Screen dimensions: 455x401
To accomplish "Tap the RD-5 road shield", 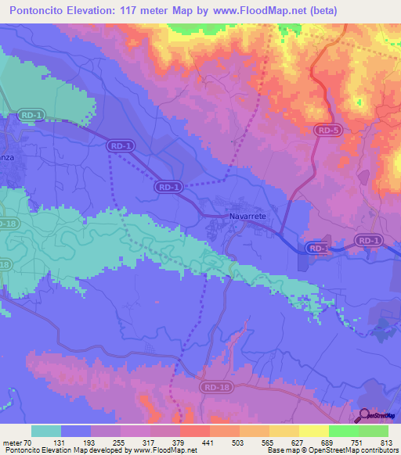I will (328, 131).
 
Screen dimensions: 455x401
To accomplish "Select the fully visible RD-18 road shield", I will (214, 385).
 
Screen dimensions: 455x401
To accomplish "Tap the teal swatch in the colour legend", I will (46, 431).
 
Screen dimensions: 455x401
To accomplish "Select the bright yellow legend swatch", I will (313, 431).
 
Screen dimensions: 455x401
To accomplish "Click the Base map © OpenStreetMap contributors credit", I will (332, 450).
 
